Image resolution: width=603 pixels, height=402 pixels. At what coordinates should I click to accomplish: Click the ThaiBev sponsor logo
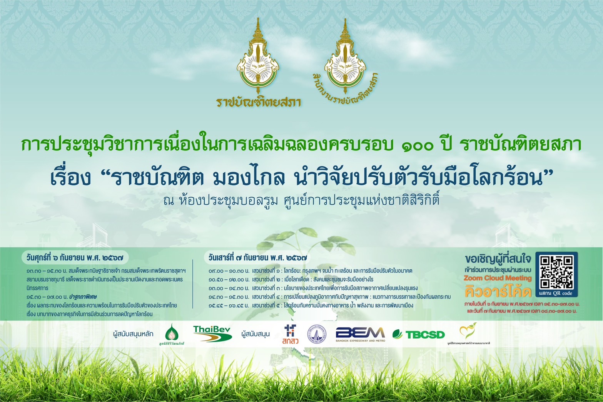212,334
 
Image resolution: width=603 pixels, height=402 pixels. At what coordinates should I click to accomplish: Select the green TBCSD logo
419,334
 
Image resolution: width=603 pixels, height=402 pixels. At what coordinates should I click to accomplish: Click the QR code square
556,272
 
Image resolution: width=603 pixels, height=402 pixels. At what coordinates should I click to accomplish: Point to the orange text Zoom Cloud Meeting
497,278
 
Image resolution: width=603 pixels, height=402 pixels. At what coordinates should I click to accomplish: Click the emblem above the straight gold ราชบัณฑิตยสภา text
257,58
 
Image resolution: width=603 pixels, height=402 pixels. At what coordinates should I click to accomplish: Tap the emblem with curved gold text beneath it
344,58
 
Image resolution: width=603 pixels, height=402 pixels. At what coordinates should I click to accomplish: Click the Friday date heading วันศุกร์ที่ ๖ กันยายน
75,258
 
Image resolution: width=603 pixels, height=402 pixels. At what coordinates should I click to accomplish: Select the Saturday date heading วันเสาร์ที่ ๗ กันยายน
257,258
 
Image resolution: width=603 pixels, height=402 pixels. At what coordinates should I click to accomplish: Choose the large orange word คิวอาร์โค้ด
498,292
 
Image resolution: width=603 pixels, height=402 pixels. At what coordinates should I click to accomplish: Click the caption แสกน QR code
556,294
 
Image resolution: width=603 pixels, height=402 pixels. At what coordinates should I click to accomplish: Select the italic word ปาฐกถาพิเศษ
83,297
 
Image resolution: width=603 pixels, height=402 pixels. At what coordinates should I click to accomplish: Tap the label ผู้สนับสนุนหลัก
133,334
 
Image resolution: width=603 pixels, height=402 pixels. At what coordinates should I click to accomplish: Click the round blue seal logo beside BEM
316,334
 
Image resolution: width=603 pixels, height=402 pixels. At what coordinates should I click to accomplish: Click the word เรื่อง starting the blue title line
71,178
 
